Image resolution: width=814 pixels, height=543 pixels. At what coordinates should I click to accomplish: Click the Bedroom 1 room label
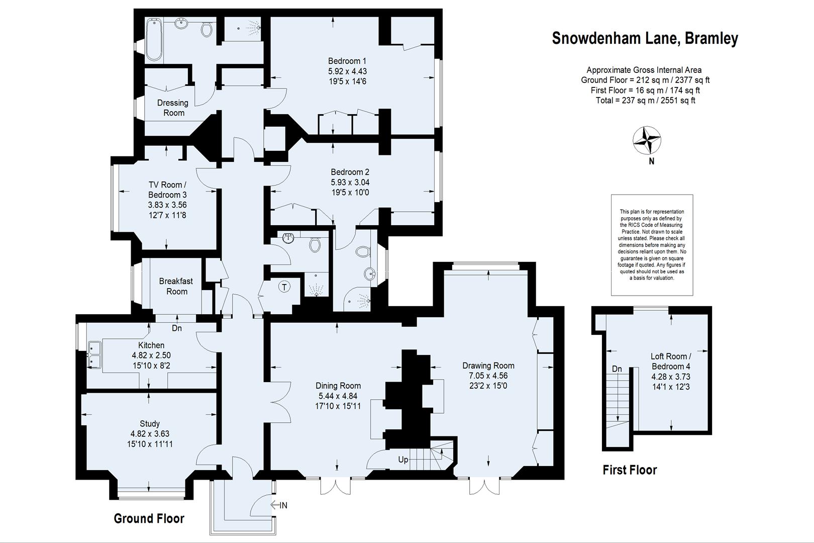[x=347, y=61]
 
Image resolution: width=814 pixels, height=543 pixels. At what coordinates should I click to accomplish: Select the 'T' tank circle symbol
[x=284, y=287]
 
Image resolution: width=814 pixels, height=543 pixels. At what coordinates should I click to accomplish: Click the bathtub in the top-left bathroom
[x=153, y=39]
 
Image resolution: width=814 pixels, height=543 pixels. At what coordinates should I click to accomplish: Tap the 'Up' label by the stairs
[x=403, y=460]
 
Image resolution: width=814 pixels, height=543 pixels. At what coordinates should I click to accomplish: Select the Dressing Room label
[x=173, y=108]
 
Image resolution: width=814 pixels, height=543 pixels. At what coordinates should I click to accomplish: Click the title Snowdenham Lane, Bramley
[x=645, y=39]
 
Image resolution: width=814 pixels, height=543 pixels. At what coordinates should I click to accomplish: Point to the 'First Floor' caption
[x=630, y=470]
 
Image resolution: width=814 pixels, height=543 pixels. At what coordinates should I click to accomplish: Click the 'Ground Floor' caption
[x=149, y=518]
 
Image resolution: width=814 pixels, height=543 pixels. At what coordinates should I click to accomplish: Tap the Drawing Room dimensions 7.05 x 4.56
[x=488, y=376]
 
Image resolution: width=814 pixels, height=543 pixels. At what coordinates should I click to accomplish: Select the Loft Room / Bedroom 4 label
[x=671, y=361]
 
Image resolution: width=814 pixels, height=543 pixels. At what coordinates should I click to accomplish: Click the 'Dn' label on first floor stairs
[x=617, y=369]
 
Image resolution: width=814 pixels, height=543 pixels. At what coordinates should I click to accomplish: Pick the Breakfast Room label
[x=176, y=286]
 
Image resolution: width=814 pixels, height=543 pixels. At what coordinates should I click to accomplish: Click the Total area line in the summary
[x=645, y=100]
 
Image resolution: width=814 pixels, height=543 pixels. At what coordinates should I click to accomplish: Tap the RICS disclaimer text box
[x=652, y=245]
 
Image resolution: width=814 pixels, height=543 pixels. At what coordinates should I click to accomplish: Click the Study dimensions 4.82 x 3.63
[x=150, y=434]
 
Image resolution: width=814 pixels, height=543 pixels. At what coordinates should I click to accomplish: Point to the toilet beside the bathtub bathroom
[x=206, y=30]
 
